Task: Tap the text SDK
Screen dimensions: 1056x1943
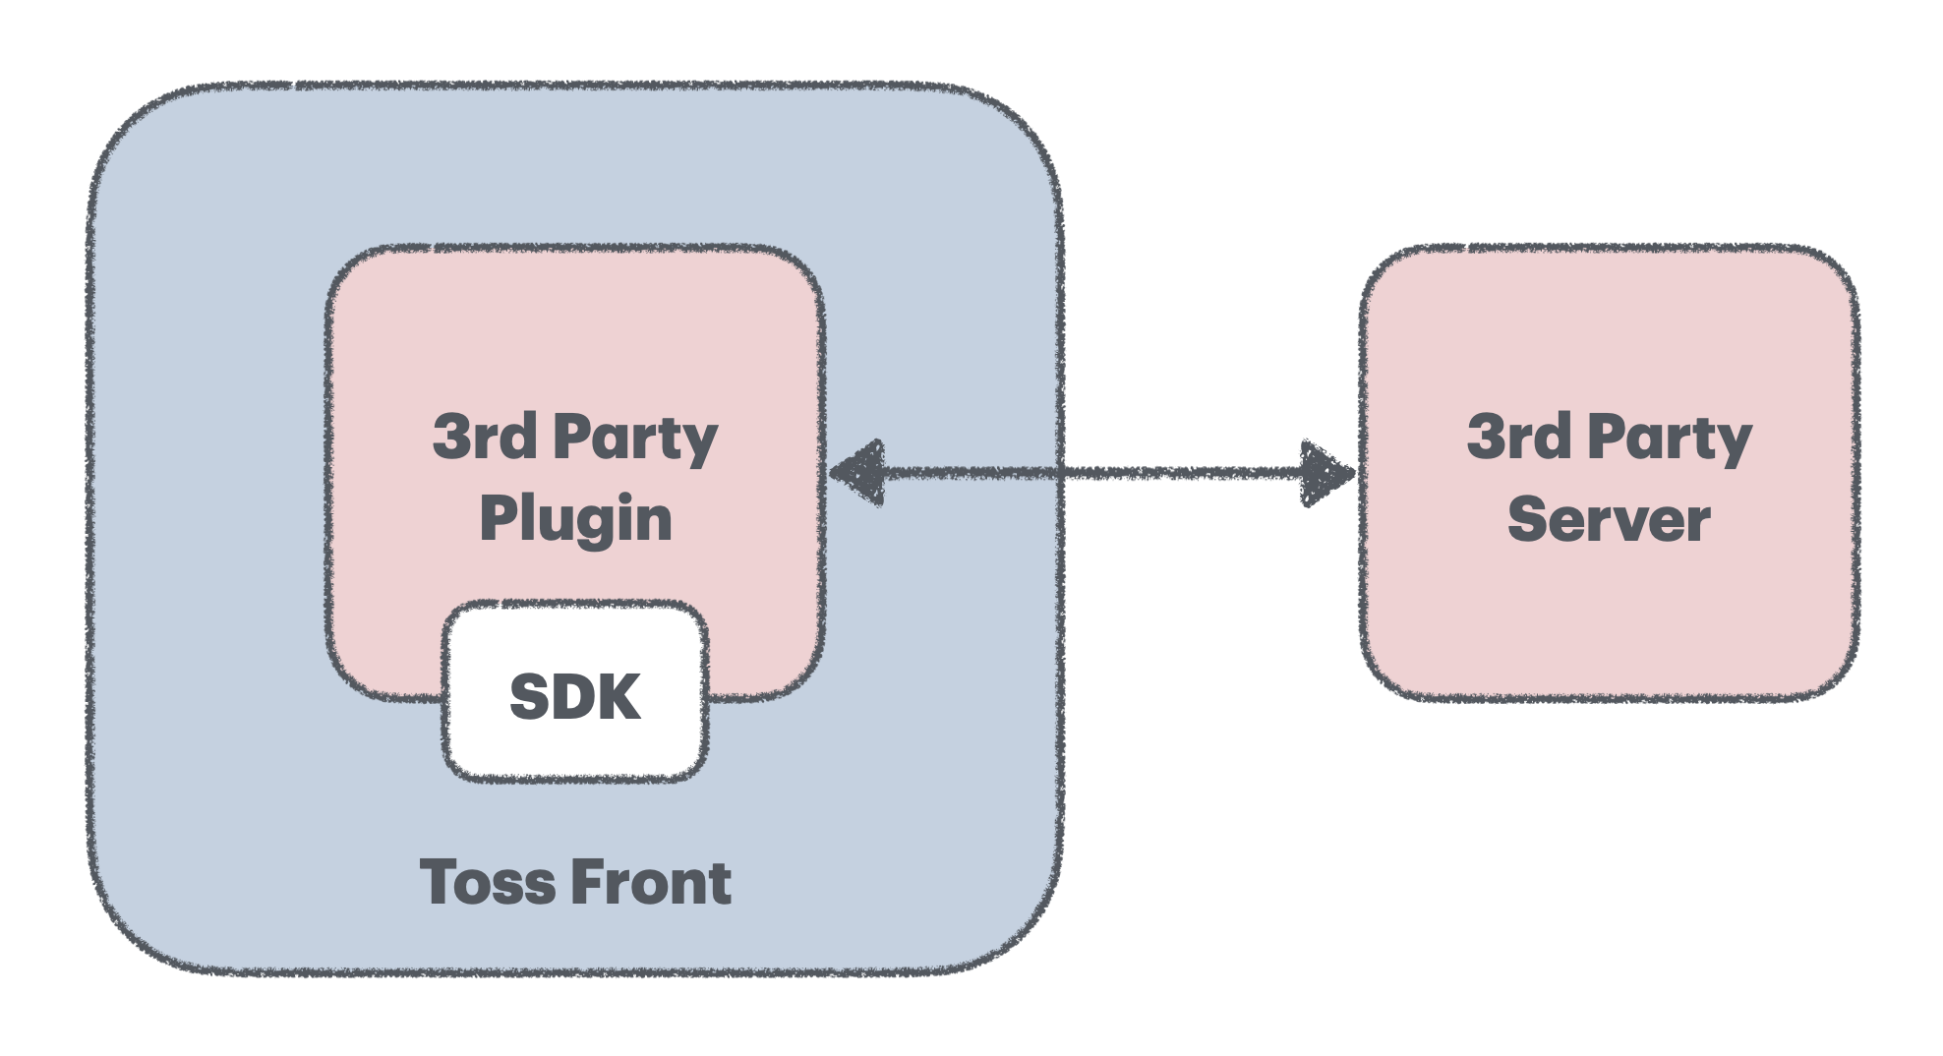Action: [x=575, y=697]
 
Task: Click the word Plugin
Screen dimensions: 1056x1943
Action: [x=575, y=519]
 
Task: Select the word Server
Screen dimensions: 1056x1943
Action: [x=1609, y=519]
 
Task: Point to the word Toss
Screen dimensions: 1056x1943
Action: [x=487, y=882]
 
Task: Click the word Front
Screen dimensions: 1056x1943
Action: [x=651, y=882]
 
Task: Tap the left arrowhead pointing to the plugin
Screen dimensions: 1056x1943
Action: [x=859, y=473]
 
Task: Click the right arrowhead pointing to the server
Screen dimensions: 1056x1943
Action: [x=1325, y=473]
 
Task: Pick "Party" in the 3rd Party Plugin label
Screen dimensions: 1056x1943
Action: [x=635, y=438]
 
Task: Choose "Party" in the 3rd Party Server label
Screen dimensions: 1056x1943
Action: [x=1670, y=438]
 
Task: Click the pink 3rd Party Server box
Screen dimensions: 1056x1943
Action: [x=1609, y=619]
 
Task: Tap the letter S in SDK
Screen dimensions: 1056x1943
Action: [x=530, y=697]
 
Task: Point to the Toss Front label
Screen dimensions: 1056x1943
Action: [x=575, y=882]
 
